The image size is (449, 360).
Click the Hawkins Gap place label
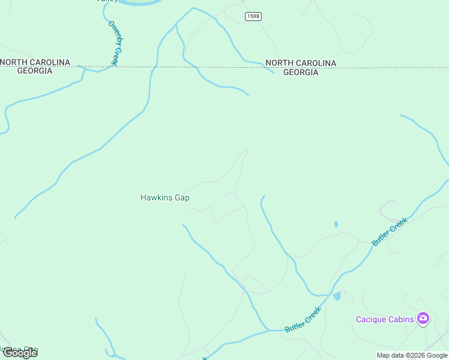click(x=164, y=197)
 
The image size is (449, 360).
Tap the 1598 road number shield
click(x=253, y=16)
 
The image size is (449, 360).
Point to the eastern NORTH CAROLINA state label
click(x=301, y=63)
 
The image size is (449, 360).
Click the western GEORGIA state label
click(x=35, y=71)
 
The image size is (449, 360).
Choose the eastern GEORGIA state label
click(x=301, y=72)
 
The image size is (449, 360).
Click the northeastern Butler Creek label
click(x=390, y=232)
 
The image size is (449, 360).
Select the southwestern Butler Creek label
click(x=303, y=319)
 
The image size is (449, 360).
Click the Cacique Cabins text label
click(x=385, y=319)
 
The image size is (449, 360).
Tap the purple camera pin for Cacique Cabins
click(x=423, y=319)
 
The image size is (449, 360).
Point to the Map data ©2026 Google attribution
click(x=412, y=355)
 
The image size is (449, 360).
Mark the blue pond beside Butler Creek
click(x=337, y=296)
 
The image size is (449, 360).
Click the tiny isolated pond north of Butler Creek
click(x=336, y=224)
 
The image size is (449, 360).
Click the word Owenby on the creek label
click(x=113, y=34)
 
